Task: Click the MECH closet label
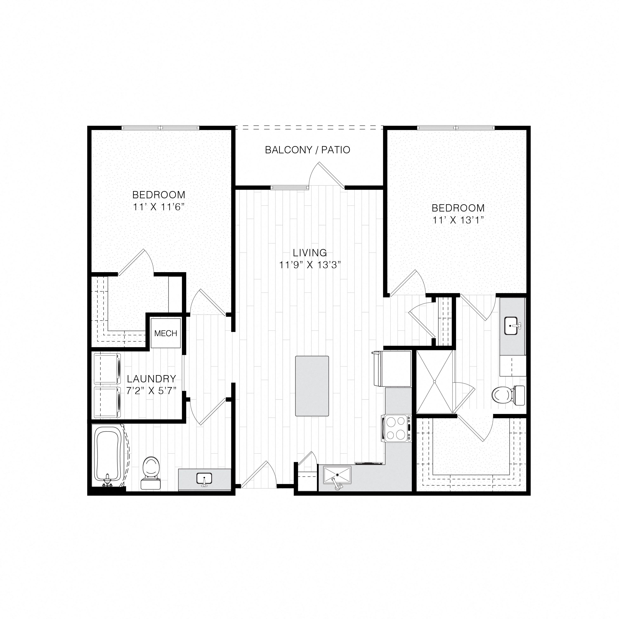point(166,333)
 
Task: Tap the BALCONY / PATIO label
point(308,150)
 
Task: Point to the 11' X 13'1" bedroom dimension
point(458,220)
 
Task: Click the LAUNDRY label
point(151,379)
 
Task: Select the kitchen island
point(312,386)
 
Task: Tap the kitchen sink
point(337,475)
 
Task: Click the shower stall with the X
point(435,382)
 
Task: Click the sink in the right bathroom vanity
point(511,326)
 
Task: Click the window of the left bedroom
point(160,128)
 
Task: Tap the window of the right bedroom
point(456,128)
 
